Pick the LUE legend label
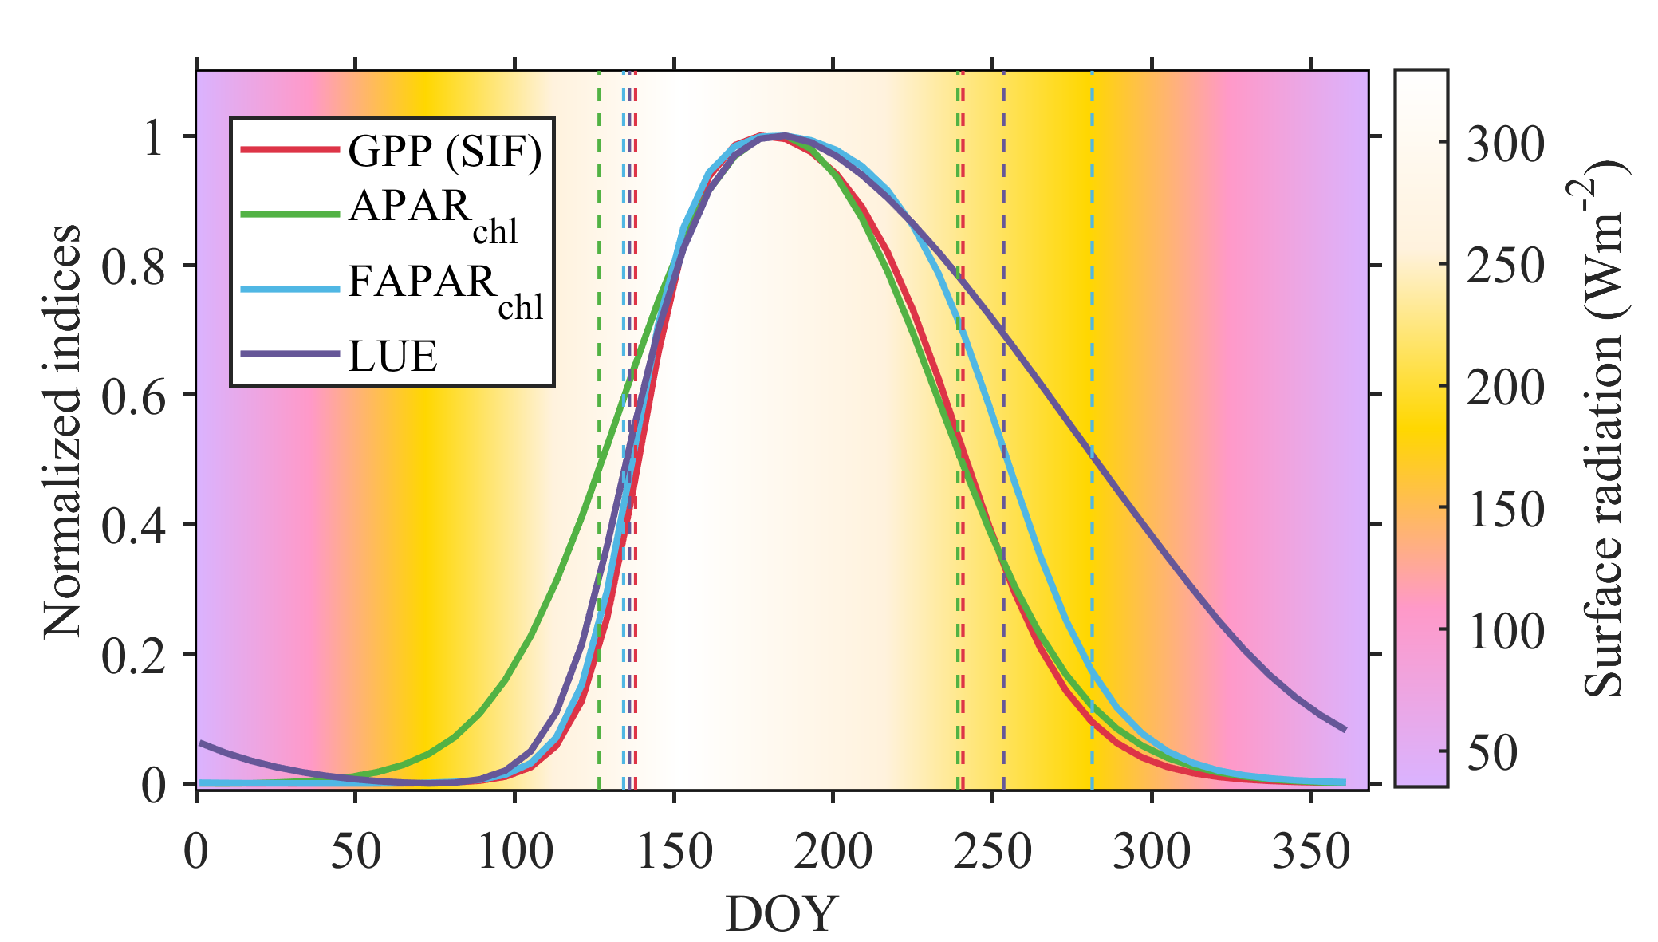pos(392,356)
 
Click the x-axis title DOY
pos(781,914)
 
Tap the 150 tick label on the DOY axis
pos(674,852)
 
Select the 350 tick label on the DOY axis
pos(1311,852)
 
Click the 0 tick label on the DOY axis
pos(196,852)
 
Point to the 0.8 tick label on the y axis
pos(133,266)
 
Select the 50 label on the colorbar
pos(1491,751)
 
